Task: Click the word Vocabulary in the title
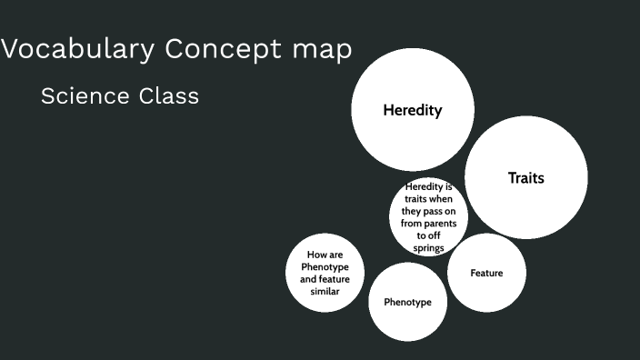click(77, 49)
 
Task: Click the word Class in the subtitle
click(167, 95)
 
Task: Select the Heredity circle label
click(413, 110)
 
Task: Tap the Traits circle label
click(525, 178)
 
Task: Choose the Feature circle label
click(486, 273)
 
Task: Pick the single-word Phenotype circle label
click(407, 302)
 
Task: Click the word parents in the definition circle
click(446, 222)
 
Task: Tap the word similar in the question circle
click(325, 291)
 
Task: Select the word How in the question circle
click(315, 255)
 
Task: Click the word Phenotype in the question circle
click(325, 267)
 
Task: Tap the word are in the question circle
click(335, 255)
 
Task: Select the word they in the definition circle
click(412, 210)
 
